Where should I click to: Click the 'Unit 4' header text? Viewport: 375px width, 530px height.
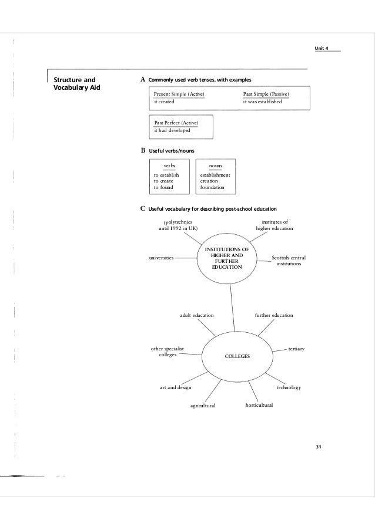tap(324, 47)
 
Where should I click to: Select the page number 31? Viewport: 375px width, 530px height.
tap(319, 448)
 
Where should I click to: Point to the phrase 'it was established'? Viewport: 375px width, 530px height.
tap(263, 102)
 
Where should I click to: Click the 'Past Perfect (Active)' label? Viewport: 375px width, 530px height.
tap(176, 122)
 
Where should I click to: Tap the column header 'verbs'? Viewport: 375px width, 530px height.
tap(169, 166)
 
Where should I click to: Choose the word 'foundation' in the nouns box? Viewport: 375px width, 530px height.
tap(212, 187)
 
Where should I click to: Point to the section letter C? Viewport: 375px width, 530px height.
tap(142, 208)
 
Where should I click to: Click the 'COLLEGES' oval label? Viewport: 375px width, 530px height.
tap(237, 356)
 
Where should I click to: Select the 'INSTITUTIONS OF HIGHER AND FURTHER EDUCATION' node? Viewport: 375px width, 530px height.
tap(227, 258)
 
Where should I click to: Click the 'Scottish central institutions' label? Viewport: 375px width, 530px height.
tap(289, 261)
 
